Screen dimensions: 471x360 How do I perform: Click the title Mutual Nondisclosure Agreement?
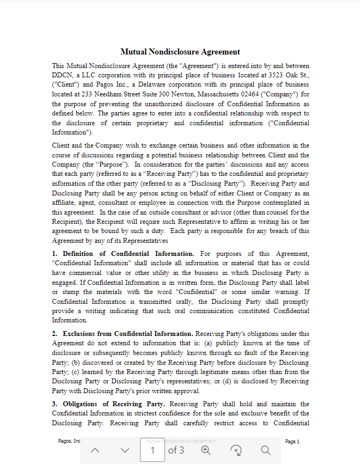tap(180, 52)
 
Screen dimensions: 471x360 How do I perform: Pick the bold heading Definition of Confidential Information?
tap(128, 254)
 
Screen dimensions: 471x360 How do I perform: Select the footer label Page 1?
tap(292, 442)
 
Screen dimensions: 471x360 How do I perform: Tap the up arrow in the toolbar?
tap(95, 450)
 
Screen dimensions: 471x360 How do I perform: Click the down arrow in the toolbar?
tap(125, 450)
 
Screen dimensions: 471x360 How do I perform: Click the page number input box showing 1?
tap(152, 450)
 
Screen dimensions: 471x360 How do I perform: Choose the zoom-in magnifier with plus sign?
tap(206, 450)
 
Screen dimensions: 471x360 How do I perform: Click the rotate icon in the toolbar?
tap(236, 450)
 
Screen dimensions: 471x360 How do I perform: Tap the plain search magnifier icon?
tap(265, 450)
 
